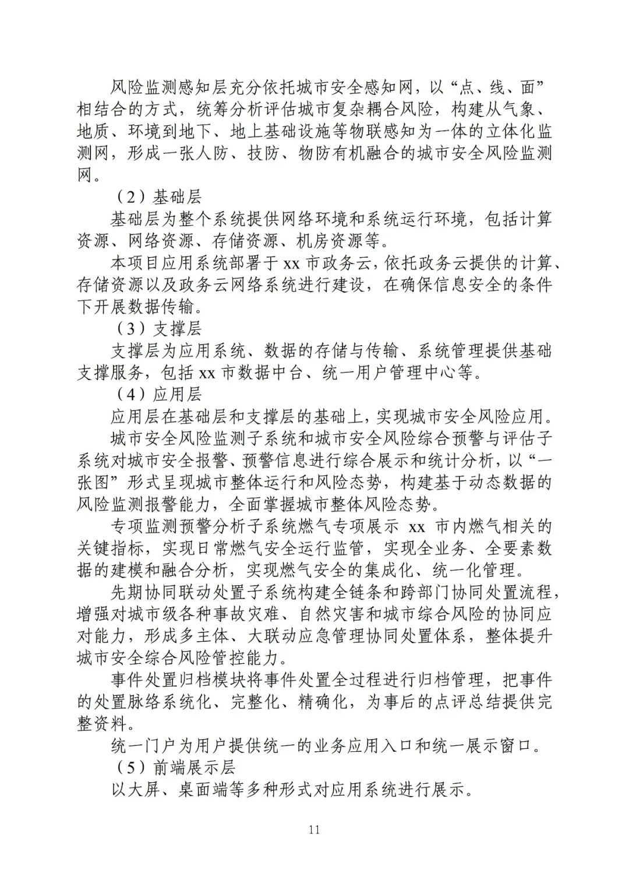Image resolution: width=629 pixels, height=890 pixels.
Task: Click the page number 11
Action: pyautogui.click(x=314, y=830)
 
